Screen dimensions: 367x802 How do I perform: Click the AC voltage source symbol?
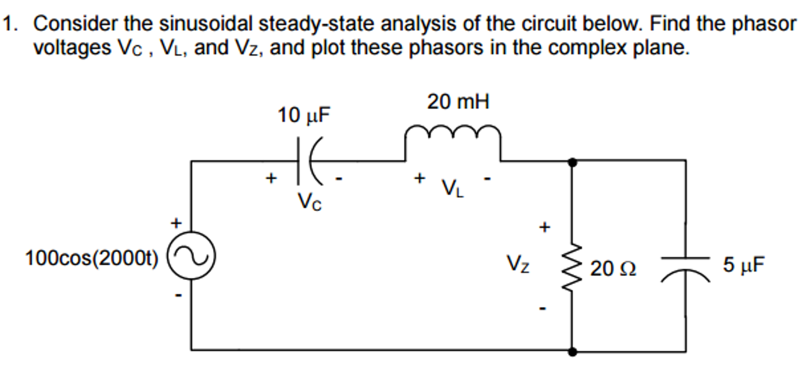[x=191, y=256]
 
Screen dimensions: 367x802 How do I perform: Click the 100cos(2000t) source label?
[x=92, y=259]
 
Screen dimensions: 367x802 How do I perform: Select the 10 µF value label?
[x=304, y=115]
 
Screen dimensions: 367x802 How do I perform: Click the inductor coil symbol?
[x=452, y=135]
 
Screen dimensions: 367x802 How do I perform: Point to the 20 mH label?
[x=458, y=102]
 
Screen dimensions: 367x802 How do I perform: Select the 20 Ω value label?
[x=613, y=269]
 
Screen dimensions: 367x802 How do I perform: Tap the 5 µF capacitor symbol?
[x=685, y=268]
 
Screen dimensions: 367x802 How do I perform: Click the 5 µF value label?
[x=743, y=264]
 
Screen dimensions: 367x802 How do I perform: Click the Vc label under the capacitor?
[x=309, y=202]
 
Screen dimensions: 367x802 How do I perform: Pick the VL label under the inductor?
[x=453, y=188]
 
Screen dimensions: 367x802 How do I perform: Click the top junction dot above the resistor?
[x=572, y=162]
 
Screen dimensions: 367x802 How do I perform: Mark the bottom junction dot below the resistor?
[x=572, y=351]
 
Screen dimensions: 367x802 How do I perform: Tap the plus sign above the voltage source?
[x=176, y=223]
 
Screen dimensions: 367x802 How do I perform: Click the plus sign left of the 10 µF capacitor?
[x=271, y=178]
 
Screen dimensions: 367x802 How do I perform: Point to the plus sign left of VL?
[x=419, y=178]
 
